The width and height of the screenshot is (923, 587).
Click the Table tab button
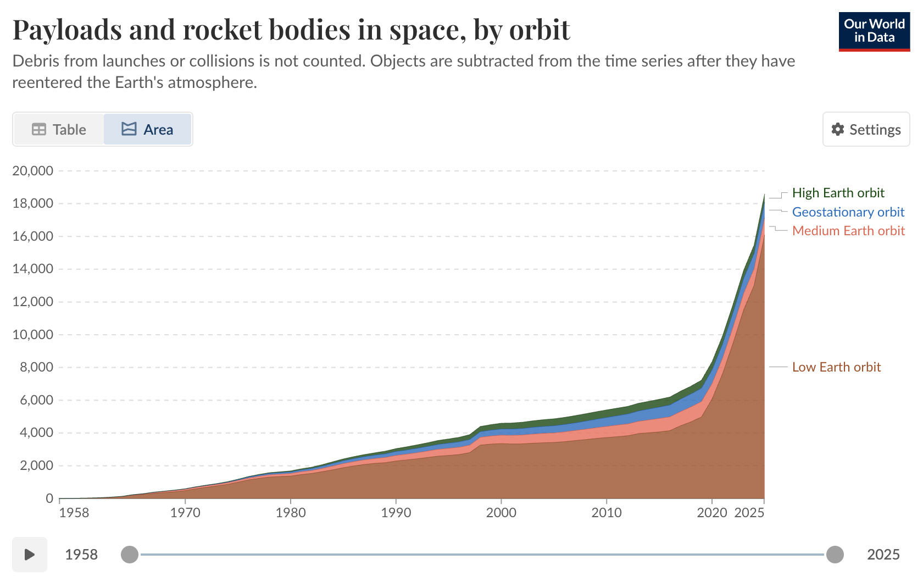pos(59,130)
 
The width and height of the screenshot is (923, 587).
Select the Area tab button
pos(147,130)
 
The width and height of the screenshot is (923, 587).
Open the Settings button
pos(866,130)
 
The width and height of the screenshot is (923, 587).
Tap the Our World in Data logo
pos(875,32)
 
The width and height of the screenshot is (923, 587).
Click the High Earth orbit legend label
pos(838,192)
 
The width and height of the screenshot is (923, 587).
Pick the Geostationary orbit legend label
pos(848,212)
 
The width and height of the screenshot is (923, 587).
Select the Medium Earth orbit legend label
pos(848,230)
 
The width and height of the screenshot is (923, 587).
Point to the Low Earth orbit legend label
pos(836,367)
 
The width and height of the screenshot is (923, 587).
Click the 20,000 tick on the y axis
pos(33,170)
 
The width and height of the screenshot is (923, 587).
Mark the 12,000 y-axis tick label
pos(33,302)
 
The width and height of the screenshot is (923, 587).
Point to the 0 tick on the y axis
pos(49,499)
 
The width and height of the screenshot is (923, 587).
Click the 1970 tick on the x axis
pos(186,512)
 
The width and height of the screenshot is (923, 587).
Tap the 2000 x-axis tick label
pos(501,512)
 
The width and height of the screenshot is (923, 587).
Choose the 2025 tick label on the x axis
pos(749,512)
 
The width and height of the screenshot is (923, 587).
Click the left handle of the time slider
pos(130,555)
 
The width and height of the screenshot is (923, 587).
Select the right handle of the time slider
pos(835,555)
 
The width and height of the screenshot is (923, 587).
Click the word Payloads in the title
pos(67,30)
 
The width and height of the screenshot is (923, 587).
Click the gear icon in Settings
pos(837,130)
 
